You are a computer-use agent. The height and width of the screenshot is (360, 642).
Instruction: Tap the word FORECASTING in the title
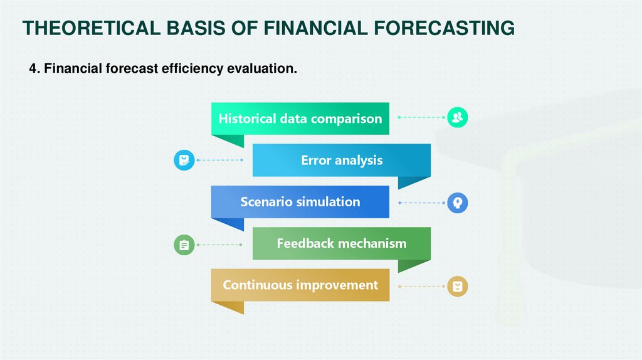click(445, 28)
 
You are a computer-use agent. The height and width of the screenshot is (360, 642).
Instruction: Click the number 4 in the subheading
click(33, 68)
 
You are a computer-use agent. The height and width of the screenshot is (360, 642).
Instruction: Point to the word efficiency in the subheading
click(192, 68)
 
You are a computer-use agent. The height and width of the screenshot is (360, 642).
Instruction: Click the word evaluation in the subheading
click(262, 68)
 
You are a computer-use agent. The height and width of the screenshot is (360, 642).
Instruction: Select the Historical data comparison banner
click(300, 119)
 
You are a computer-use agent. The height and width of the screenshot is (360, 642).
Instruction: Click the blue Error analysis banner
click(342, 160)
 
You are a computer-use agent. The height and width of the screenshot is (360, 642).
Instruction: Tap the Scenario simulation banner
click(300, 202)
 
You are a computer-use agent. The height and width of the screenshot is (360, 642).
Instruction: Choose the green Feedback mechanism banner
click(342, 243)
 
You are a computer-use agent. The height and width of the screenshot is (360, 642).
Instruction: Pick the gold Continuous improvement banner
click(300, 285)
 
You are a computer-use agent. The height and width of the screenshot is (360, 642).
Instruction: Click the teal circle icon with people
click(457, 117)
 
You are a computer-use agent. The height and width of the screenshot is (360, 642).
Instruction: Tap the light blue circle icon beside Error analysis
click(184, 160)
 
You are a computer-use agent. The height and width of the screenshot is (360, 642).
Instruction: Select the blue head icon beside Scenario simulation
click(457, 203)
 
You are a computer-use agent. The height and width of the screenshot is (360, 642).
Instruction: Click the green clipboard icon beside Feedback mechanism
click(184, 245)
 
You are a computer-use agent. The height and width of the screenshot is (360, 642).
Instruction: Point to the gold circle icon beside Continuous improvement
click(457, 286)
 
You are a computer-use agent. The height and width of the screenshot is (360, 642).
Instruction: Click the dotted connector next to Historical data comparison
click(421, 117)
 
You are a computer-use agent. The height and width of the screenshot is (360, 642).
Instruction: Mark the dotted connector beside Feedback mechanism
click(219, 245)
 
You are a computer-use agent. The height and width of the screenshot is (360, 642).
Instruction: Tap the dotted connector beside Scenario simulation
click(421, 203)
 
